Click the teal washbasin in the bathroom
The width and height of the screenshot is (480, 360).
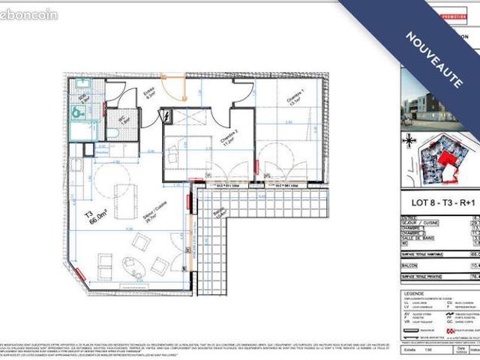77,113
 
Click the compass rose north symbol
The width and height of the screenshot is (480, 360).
409,139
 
